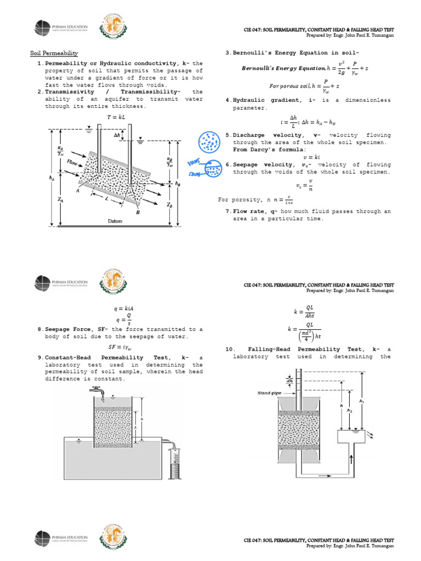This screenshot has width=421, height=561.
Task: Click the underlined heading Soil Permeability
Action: (x=54, y=53)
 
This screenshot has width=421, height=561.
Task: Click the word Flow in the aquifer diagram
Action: (x=72, y=163)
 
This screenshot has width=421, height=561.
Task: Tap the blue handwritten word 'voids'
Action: (x=193, y=163)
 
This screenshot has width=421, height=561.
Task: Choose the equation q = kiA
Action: (x=124, y=308)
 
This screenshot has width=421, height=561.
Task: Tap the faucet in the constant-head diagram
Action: (x=98, y=391)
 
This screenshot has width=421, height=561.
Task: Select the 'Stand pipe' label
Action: (x=270, y=393)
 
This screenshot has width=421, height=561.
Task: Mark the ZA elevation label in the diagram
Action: (x=59, y=201)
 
